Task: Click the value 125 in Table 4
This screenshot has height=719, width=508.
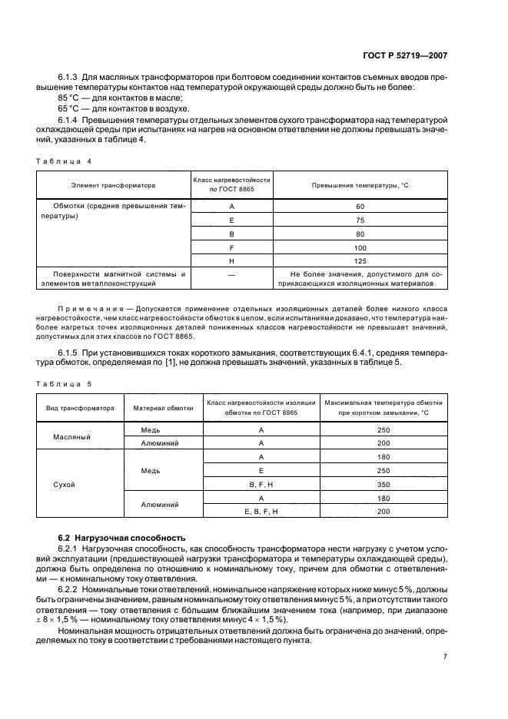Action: click(360, 260)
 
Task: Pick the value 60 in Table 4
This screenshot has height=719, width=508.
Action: click(360, 206)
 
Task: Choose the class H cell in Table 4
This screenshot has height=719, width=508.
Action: click(231, 260)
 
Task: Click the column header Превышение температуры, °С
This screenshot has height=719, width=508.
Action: click(360, 185)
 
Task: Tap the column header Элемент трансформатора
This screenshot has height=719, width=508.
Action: click(114, 185)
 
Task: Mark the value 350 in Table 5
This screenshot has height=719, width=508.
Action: click(384, 484)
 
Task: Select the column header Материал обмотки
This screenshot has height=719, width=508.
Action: click(161, 408)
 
